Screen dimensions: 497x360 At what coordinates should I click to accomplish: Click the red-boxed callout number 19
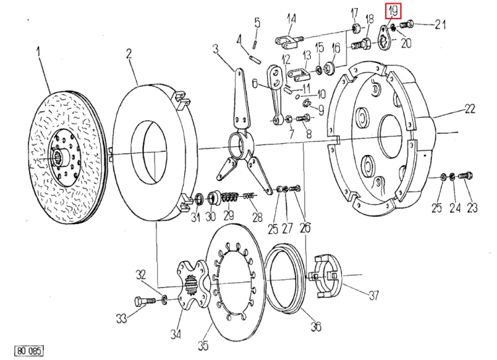393,11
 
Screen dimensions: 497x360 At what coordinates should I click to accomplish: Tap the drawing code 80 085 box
28,351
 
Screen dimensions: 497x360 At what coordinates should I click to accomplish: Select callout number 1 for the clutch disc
38,52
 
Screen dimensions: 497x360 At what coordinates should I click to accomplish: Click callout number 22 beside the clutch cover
470,109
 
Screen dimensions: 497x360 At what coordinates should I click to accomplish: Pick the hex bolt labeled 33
144,301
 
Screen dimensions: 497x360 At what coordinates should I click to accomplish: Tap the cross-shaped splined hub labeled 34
192,283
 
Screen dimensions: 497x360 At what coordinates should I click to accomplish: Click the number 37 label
374,295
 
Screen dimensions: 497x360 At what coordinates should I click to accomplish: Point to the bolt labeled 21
407,23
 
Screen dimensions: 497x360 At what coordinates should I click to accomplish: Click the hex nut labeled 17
356,29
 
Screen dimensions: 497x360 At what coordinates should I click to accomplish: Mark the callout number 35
203,345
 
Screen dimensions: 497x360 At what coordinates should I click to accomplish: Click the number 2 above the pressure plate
129,54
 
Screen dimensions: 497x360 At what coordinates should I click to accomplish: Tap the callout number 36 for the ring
315,326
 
